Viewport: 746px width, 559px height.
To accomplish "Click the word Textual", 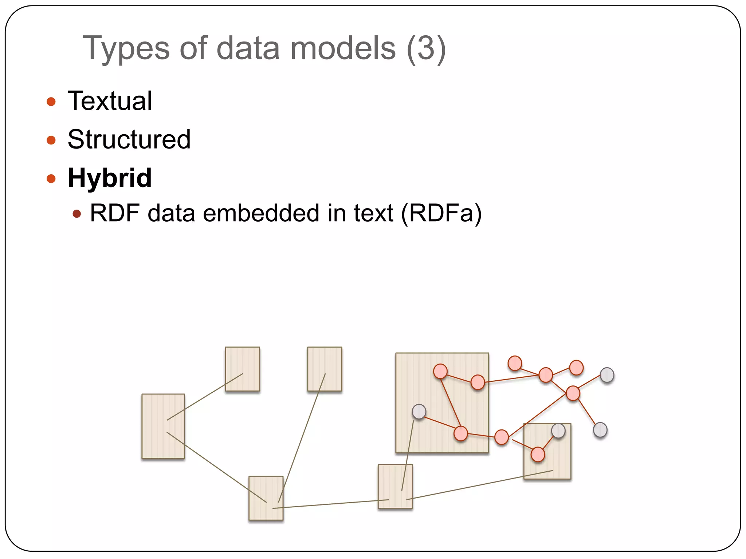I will point(110,101).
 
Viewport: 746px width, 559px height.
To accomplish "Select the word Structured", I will point(129,139).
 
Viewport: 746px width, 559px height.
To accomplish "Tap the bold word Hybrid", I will point(110,178).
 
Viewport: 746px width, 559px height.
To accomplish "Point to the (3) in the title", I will point(426,48).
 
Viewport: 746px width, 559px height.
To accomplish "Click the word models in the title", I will point(343,48).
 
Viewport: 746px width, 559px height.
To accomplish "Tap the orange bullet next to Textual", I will point(51,102).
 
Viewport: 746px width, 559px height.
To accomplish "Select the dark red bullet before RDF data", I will point(76,214).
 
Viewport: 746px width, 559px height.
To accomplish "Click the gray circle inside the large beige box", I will point(419,412).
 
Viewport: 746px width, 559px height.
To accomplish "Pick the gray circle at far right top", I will point(607,375).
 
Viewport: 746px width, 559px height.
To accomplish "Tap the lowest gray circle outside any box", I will point(600,430).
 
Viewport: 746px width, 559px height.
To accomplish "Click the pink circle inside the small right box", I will point(538,454).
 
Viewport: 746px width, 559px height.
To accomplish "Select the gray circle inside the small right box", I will point(558,431).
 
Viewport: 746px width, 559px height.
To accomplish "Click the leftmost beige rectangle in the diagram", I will point(163,426).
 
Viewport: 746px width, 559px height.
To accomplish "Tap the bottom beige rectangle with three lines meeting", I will point(266,498).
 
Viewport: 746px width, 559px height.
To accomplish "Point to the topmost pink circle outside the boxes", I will point(515,363).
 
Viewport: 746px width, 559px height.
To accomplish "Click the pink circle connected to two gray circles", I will point(573,393).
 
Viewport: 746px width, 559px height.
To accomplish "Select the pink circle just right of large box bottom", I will point(501,437).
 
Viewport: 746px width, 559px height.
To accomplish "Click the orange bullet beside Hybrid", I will point(51,179).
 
